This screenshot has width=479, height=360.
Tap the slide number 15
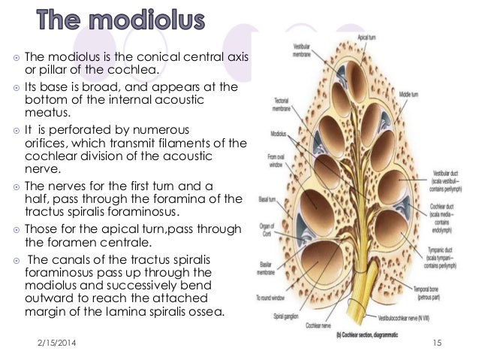coord(437,343)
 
